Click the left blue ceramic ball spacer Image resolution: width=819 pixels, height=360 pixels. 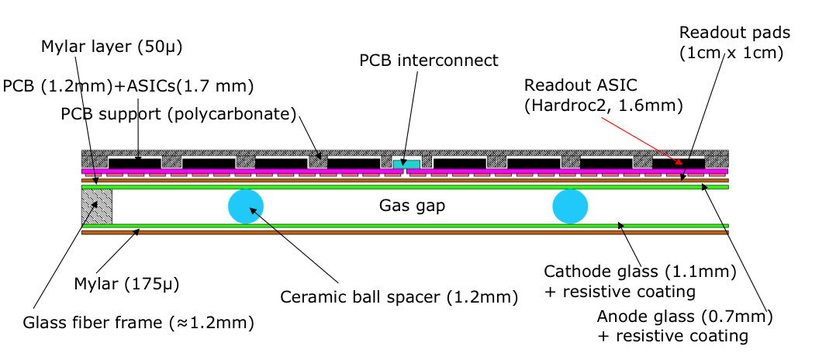246,206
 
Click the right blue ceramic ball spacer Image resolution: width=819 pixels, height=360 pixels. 570,206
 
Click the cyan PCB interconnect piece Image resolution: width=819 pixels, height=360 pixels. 406,164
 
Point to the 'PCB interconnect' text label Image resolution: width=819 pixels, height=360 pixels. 428,60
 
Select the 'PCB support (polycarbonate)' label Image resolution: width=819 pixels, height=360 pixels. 179,115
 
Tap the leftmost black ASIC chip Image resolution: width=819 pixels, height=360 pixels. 135,163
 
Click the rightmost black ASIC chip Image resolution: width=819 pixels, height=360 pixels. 679,163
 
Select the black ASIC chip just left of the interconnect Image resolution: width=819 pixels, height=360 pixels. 354,163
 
